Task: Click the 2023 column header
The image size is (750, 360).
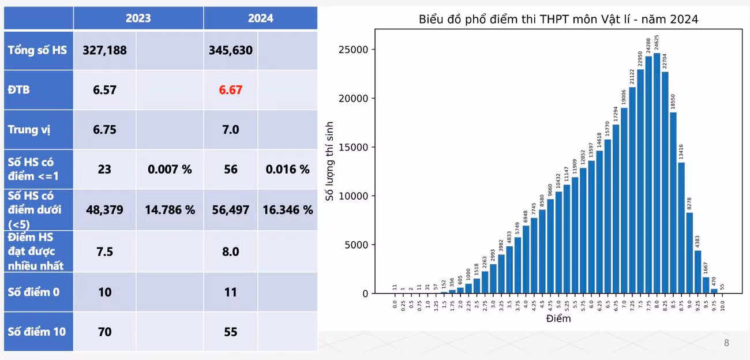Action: point(138,18)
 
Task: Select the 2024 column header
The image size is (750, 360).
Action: point(261,18)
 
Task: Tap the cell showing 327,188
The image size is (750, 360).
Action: point(105,51)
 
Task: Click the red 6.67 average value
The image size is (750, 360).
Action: point(231,90)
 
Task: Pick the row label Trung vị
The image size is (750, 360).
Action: point(29,130)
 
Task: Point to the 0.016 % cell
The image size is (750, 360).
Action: point(288,170)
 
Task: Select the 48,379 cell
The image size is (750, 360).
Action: point(105,210)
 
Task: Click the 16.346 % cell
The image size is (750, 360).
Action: point(288,210)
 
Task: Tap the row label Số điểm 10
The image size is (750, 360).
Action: point(37,332)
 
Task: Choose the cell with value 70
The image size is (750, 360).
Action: point(105,332)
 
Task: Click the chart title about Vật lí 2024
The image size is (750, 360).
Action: point(558,20)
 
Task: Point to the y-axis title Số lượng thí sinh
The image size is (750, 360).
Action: point(329,161)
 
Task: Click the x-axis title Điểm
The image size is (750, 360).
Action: point(558,318)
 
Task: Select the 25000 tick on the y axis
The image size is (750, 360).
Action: point(353,50)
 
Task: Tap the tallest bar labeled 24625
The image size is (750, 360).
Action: point(657,173)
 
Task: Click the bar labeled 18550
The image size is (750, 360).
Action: point(673,203)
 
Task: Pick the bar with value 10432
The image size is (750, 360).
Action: point(558,242)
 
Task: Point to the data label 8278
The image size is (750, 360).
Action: point(689,204)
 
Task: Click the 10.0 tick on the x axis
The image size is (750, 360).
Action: point(722,305)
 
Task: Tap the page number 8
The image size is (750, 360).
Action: point(726,343)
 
